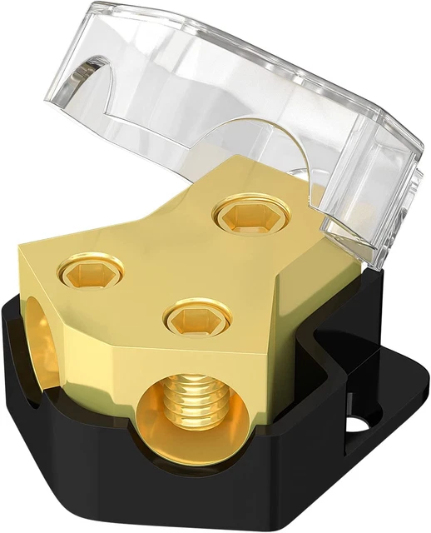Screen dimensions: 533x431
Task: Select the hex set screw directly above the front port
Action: (x=193, y=317)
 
